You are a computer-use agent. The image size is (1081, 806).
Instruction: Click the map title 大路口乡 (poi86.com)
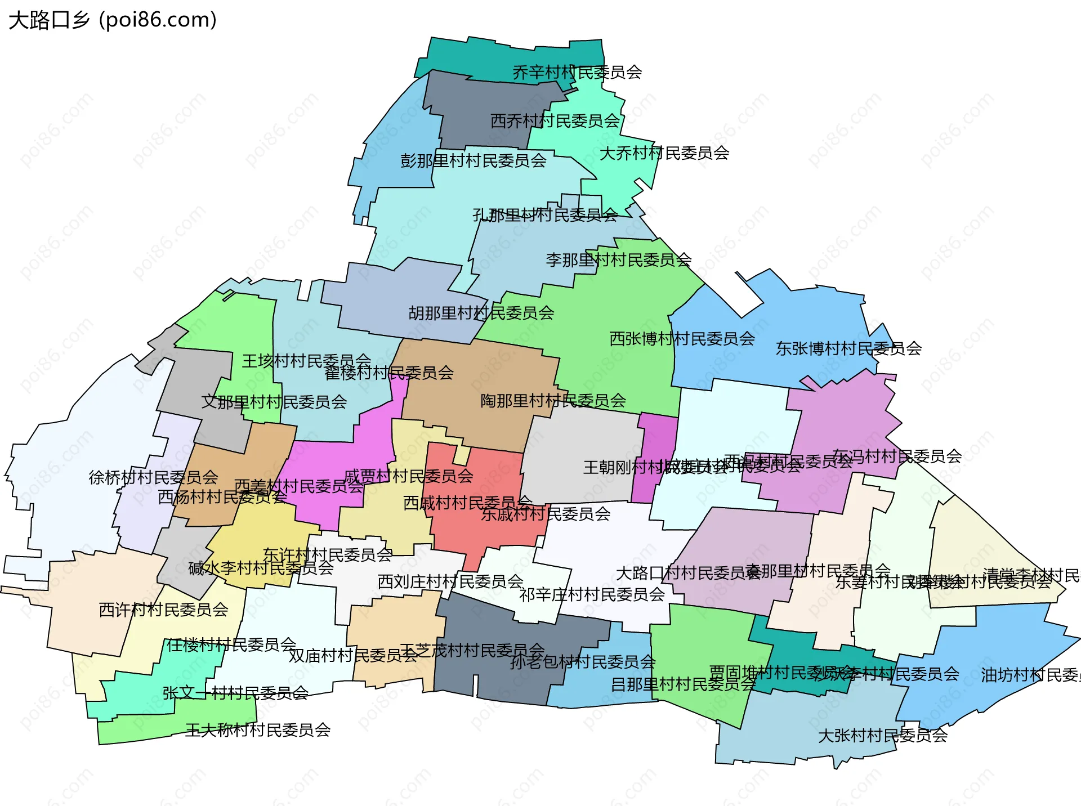113,20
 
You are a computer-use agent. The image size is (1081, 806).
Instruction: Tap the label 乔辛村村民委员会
577,73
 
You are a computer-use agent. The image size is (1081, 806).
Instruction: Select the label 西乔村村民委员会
555,121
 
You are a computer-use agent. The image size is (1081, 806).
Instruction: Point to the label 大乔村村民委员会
664,153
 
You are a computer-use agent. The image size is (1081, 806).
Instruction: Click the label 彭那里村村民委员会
474,161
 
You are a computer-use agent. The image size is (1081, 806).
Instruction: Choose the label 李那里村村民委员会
619,260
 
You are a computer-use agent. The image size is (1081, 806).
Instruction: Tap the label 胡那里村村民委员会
481,313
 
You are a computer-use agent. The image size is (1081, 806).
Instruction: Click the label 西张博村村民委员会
682,339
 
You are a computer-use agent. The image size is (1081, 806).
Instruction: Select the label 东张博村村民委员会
849,349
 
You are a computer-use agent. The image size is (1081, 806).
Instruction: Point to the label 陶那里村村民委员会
553,401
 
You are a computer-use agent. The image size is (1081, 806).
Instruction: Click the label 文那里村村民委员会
274,402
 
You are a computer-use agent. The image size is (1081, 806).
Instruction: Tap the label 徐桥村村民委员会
154,477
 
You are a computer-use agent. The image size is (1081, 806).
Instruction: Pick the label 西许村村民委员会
164,610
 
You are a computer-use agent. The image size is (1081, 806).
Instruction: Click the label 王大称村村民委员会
258,730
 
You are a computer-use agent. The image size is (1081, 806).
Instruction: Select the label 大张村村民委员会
883,736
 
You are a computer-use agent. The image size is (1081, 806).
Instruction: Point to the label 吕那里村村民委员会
684,684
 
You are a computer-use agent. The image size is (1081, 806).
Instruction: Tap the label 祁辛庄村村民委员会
592,594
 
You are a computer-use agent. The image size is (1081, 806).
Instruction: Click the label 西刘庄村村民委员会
450,581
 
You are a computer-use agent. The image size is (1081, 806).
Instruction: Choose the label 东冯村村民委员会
897,456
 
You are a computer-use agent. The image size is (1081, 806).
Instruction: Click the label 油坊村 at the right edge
1030,675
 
